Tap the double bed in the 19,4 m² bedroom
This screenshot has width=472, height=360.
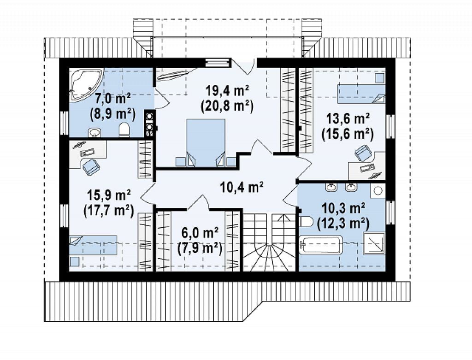pos(206,142)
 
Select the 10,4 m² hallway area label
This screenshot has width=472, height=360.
pos(242,187)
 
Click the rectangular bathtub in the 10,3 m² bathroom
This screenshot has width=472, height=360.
pos(321,245)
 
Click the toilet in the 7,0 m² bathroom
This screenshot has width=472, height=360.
pos(124,130)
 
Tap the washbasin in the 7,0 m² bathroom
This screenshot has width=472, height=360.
pos(95,132)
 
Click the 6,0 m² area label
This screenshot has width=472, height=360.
pos(200,233)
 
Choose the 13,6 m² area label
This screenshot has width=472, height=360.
pos(348,118)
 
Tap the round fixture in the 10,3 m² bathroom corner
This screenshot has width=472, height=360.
pos(378,190)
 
